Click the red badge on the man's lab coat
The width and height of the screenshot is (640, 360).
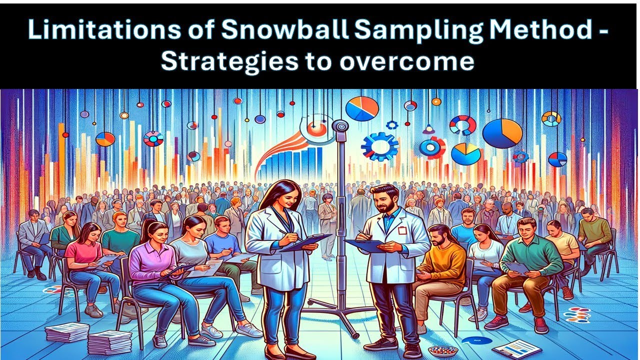[401, 230]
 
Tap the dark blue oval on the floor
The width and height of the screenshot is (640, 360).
[473, 340]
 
